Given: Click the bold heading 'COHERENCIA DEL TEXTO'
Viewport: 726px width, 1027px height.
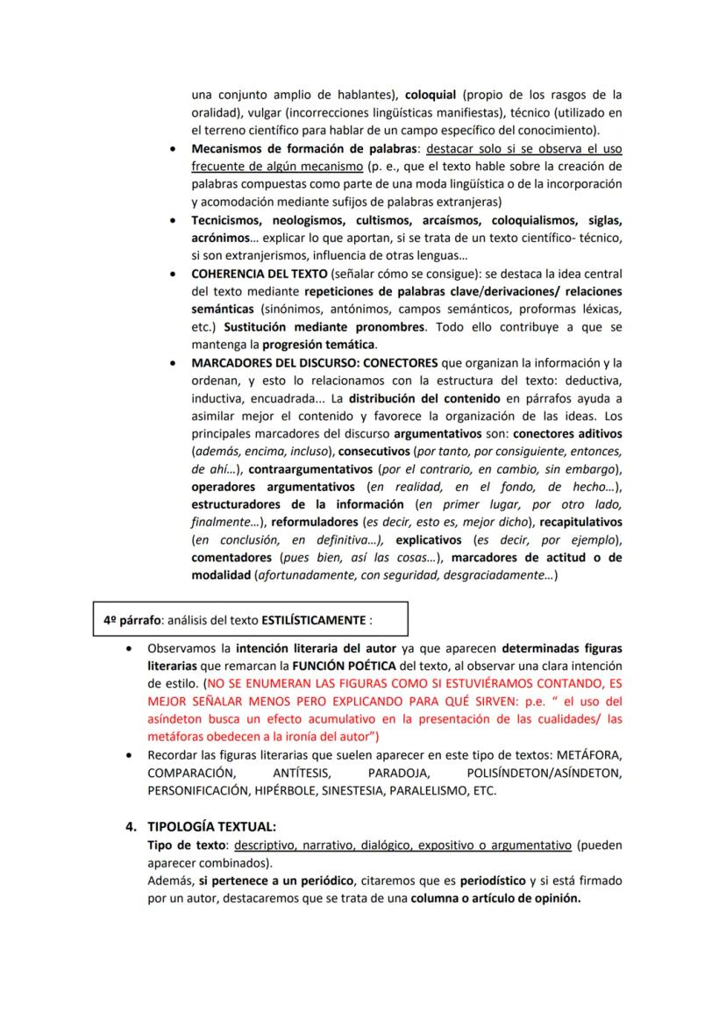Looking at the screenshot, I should pos(260,273).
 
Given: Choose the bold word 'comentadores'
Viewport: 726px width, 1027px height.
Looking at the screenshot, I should pos(231,558).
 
